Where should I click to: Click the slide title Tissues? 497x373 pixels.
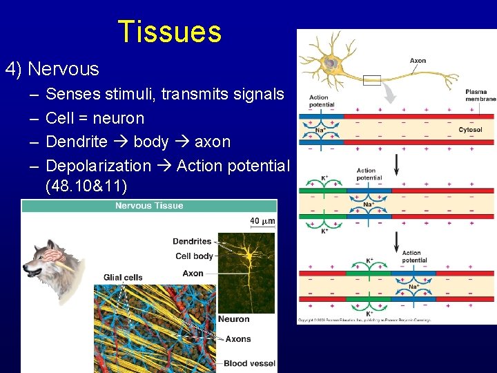(170, 32)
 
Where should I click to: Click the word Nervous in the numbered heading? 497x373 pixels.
(64, 69)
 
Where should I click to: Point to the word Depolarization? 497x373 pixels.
(98, 166)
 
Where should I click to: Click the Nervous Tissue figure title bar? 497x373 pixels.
(149, 205)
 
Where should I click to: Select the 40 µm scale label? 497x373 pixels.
(262, 221)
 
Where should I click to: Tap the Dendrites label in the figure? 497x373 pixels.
(192, 242)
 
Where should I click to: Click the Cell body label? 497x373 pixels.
(193, 256)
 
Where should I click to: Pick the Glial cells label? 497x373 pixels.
(123, 278)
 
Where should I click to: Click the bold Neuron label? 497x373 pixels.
(234, 319)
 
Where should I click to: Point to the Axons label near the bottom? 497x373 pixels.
(238, 339)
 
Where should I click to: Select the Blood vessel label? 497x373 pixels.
(249, 363)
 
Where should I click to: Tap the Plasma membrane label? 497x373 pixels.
(480, 95)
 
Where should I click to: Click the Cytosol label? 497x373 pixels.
(470, 130)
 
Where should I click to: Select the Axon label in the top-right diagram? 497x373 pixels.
(418, 61)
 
